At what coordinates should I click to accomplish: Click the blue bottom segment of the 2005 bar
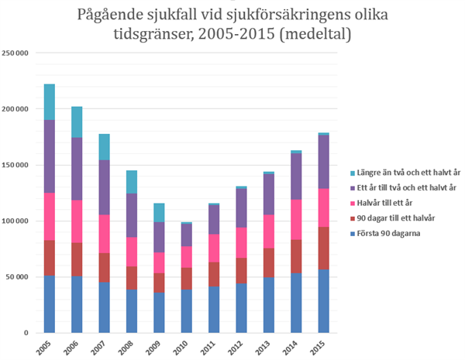[x=49, y=303]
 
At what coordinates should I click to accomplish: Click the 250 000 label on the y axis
[x=15, y=53]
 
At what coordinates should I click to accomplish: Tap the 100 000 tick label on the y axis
[x=15, y=221]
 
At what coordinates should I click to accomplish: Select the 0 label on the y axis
[x=26, y=333]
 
